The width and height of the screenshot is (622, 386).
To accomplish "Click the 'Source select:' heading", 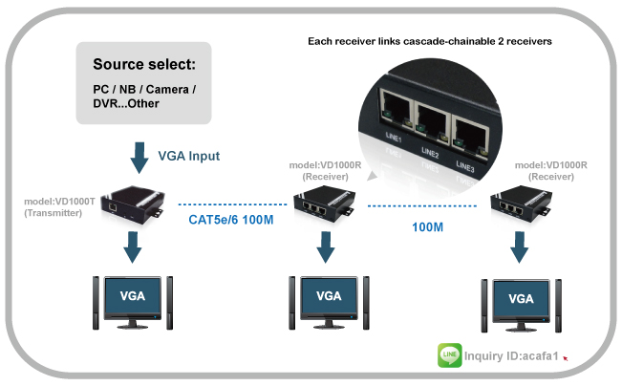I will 144,65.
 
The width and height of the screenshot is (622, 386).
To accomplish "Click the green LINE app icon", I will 450,356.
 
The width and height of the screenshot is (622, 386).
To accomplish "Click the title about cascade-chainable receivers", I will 429,43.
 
